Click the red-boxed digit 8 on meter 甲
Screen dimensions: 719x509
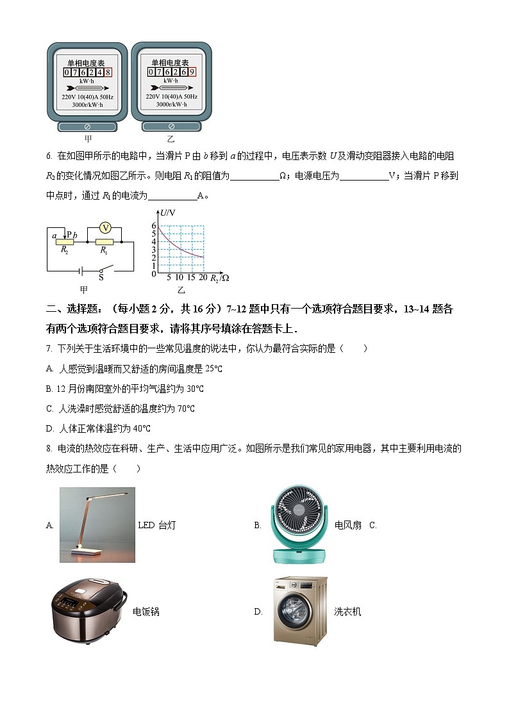point(108,73)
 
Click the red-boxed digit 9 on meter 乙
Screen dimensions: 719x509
point(192,72)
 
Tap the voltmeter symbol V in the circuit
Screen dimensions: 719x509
point(107,227)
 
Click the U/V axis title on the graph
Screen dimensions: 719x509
point(169,213)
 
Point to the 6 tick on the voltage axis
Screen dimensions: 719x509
point(154,225)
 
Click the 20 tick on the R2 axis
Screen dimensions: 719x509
point(203,278)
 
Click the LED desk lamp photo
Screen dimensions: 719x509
point(97,525)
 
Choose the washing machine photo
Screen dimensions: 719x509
point(299,611)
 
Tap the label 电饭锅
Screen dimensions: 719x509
point(146,612)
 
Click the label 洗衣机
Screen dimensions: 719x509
point(347,612)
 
